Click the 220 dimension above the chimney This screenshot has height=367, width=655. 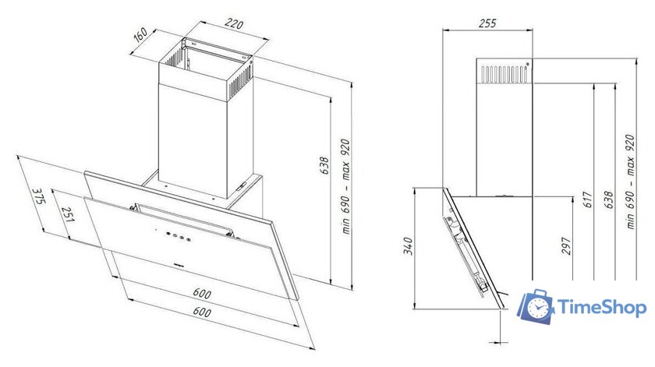pyautogui.click(x=233, y=24)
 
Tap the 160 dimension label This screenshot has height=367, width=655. pyautogui.click(x=141, y=34)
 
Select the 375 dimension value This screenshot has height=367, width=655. pyautogui.click(x=38, y=196)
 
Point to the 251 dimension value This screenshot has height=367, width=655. pyautogui.click(x=67, y=214)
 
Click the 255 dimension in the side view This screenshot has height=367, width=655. pyautogui.click(x=487, y=23)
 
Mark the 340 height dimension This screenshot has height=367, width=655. pyautogui.click(x=408, y=246)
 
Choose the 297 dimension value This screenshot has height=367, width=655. pyautogui.click(x=565, y=246)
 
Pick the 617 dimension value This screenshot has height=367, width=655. pyautogui.click(x=587, y=200)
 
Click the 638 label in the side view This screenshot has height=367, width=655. pyautogui.click(x=609, y=200)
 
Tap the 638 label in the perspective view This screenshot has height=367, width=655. pyautogui.click(x=324, y=166)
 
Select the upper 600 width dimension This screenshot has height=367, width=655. pyautogui.click(x=202, y=293)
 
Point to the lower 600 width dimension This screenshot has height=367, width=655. pyautogui.click(x=202, y=312)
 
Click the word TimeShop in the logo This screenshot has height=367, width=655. pyautogui.click(x=602, y=308)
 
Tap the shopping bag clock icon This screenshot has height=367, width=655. pyautogui.click(x=536, y=306)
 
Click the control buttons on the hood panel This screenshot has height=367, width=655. pyautogui.click(x=179, y=237)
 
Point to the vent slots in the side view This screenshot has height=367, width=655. pyautogui.click(x=504, y=73)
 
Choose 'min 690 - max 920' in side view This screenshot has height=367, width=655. pyautogui.click(x=630, y=182)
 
